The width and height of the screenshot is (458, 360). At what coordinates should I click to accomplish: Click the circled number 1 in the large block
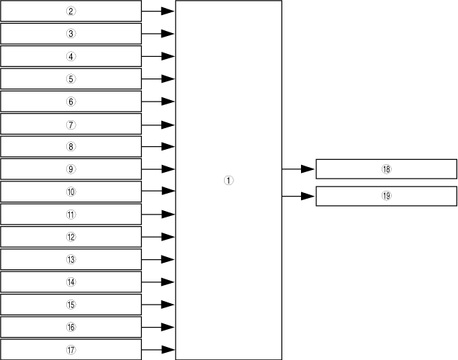228,181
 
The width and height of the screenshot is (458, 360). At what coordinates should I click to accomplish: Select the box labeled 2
71,11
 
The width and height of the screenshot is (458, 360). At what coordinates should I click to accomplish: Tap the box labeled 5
71,78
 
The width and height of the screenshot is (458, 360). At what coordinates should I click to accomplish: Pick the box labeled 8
71,146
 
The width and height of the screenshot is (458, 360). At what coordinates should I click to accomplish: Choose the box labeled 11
71,214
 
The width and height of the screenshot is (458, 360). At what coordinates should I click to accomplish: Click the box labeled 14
71,282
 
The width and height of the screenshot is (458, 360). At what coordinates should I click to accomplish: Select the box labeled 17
71,350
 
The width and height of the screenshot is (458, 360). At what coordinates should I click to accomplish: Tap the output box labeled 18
386,169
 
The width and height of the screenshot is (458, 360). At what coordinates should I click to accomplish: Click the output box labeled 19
386,196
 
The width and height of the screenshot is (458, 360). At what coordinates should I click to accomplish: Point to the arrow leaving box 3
158,34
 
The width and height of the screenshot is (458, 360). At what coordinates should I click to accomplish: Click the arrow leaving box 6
158,102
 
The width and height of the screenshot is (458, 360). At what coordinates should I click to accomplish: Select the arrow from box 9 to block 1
158,169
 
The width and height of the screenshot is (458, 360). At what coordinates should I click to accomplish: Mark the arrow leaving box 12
158,237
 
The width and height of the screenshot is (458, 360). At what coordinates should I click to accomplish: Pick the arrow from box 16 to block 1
158,327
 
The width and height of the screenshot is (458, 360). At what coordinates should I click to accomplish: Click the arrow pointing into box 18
298,169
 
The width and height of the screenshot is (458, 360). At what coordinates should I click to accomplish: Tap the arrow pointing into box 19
298,196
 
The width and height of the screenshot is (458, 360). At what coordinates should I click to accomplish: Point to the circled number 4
71,56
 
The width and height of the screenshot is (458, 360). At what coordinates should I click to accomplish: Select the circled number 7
71,124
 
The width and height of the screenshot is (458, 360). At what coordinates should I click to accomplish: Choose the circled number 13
71,259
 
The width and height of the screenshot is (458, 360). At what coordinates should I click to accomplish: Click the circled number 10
71,192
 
